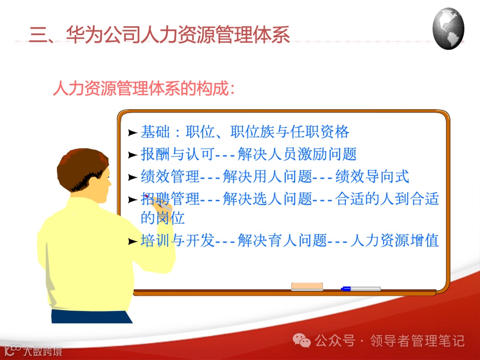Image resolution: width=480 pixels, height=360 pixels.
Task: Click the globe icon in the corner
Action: [448, 28]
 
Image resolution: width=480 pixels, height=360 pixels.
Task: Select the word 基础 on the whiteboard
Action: [155, 132]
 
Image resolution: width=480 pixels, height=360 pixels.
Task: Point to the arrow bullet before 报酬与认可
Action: [132, 155]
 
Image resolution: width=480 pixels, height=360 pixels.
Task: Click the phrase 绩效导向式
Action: [372, 176]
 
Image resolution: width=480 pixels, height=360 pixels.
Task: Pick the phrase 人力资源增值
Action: [395, 240]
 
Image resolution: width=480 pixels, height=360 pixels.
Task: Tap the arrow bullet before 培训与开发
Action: [132, 241]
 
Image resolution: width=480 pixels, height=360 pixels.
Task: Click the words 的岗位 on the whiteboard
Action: [163, 218]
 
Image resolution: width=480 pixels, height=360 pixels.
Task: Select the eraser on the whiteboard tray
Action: [307, 287]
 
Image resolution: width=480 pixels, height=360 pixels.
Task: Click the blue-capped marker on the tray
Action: [361, 289]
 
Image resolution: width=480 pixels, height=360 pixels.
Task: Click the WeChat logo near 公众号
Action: [302, 340]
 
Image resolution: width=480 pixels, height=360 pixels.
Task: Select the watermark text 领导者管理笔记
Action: [417, 341]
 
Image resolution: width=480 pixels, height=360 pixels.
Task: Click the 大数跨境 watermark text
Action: [42, 351]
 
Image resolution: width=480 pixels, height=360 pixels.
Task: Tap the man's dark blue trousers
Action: [91, 316]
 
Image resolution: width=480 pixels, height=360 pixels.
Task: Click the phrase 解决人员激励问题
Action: [297, 154]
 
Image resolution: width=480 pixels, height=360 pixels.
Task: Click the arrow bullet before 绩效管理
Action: [132, 177]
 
